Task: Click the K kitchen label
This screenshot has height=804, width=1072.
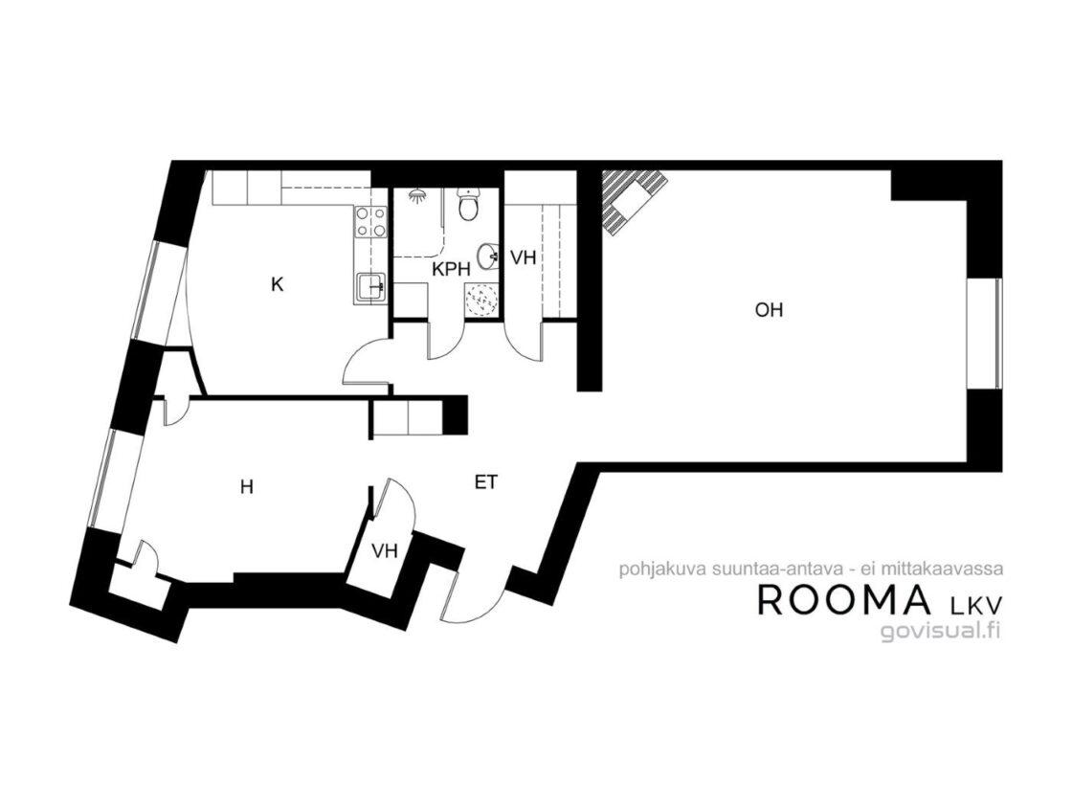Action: tap(277, 284)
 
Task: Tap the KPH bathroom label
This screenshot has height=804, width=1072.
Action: tap(451, 269)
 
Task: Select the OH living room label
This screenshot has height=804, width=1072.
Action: tap(769, 310)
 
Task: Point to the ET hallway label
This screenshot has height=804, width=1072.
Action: tap(485, 482)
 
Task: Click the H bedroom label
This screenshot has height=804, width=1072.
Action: tap(248, 487)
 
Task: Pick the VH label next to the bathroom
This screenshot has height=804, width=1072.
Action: tap(524, 257)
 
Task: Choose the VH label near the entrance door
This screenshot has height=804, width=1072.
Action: tap(385, 551)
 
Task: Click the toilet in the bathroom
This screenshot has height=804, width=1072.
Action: tap(469, 205)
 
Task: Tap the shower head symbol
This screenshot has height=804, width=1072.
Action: tap(416, 196)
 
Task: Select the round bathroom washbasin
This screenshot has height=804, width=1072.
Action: tap(488, 257)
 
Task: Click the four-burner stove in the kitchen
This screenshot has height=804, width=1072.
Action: tap(369, 223)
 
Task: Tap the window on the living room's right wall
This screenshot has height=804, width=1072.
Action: tap(985, 334)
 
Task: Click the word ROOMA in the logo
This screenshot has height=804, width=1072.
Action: tap(844, 599)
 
